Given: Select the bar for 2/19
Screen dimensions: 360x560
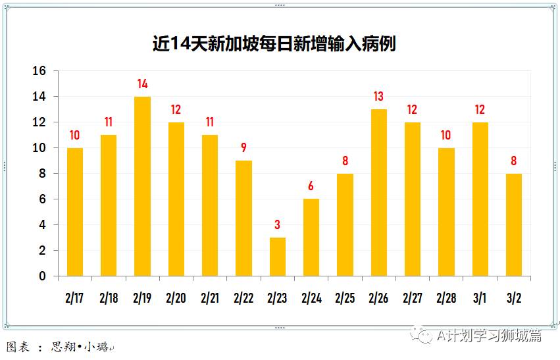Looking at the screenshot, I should click(x=142, y=186).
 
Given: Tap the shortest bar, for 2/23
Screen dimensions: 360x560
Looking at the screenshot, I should click(x=277, y=257).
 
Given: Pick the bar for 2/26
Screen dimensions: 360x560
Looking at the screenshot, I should click(x=378, y=192).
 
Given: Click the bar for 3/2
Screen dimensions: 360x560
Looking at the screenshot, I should click(x=514, y=224).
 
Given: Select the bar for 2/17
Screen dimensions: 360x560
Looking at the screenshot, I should click(x=75, y=212).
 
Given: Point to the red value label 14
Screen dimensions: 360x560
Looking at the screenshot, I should click(x=142, y=84).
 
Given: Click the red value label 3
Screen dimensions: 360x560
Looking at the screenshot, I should click(x=277, y=225).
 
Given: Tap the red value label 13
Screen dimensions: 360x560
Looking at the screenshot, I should click(x=378, y=97).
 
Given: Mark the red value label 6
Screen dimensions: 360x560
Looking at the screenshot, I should click(x=311, y=187).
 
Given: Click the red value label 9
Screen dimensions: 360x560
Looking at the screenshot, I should click(x=243, y=148).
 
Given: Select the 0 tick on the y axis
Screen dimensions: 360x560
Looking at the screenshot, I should click(x=43, y=276).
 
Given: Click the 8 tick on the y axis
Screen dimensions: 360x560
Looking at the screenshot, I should click(x=43, y=174).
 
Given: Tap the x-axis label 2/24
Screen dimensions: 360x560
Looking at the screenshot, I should click(x=311, y=298).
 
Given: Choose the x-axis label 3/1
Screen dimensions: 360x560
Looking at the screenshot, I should click(x=480, y=298).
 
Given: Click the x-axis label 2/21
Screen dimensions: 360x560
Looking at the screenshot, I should click(x=210, y=298).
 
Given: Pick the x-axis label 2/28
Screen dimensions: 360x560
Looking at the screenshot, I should click(x=446, y=298).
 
